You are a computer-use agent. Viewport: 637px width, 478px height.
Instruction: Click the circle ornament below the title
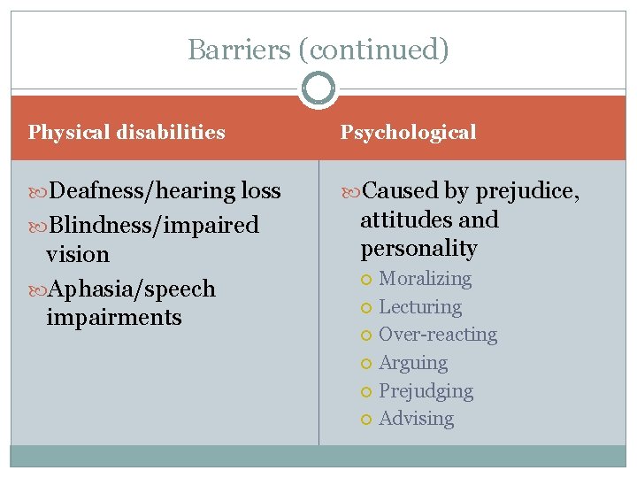click(318, 89)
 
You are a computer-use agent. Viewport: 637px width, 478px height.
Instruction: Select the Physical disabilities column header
click(127, 133)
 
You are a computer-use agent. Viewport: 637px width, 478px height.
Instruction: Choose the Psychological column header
click(409, 133)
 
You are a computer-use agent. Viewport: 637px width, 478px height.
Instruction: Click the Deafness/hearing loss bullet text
click(165, 191)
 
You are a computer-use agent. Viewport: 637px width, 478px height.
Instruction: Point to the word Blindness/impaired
click(154, 225)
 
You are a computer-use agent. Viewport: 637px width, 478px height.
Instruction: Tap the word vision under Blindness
click(78, 254)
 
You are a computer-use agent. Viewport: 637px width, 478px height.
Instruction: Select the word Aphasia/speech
click(132, 289)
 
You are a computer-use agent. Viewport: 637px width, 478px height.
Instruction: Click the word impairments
click(113, 318)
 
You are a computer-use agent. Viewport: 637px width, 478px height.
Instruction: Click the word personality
click(418, 249)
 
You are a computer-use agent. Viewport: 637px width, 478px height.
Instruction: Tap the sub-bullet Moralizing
click(425, 279)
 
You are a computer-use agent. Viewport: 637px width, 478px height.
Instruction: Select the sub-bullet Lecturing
click(420, 307)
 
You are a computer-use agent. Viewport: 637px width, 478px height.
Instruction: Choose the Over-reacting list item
click(438, 335)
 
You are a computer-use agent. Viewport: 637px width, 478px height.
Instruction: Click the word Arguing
click(413, 363)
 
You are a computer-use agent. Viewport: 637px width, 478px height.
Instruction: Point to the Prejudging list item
click(426, 391)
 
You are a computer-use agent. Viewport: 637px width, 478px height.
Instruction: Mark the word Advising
click(416, 419)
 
